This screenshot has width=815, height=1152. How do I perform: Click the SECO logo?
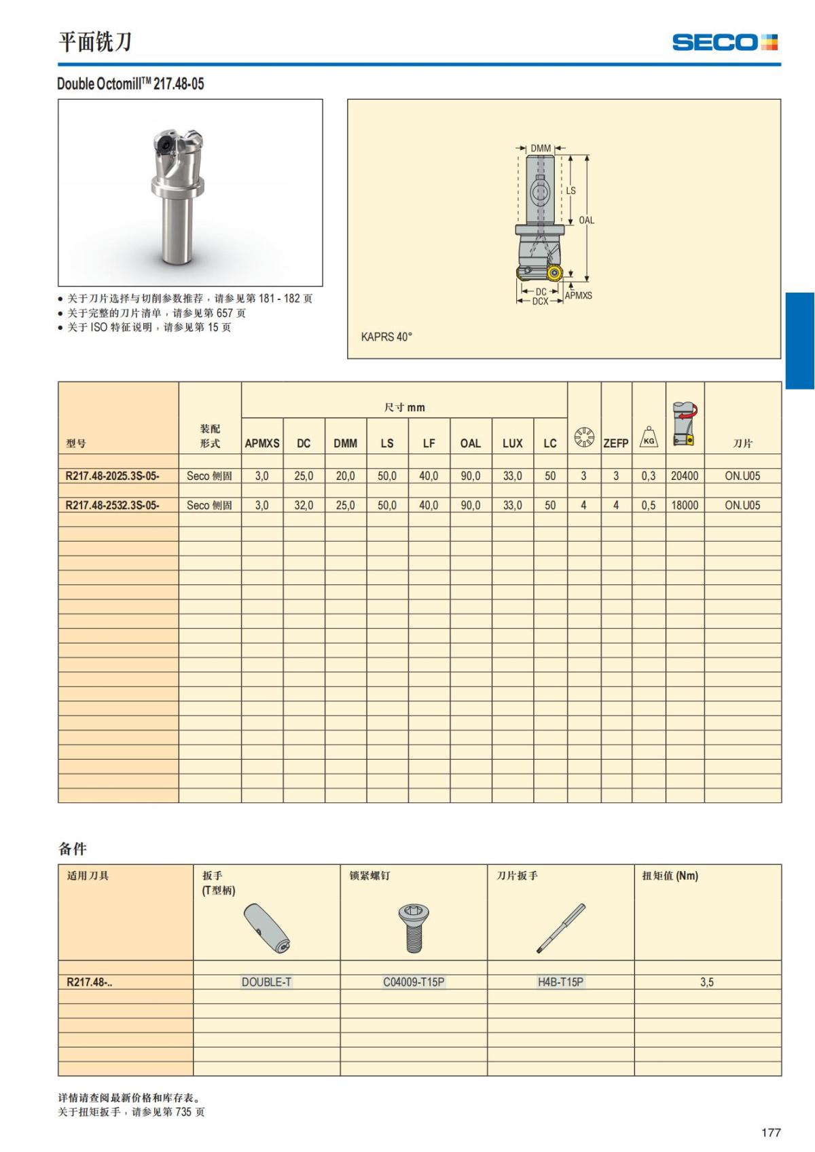(725, 43)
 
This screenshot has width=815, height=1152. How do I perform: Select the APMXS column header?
(262, 443)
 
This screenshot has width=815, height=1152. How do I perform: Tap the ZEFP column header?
(616, 443)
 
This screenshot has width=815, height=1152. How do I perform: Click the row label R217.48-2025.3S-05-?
(113, 476)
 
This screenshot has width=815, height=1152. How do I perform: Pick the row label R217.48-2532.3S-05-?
(113, 505)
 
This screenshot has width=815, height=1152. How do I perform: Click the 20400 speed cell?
(685, 476)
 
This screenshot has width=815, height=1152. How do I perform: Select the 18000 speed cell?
(685, 505)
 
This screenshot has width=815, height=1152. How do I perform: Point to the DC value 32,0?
(304, 505)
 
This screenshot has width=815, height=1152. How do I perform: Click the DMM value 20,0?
(345, 476)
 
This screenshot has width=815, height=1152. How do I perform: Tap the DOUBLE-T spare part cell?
(266, 982)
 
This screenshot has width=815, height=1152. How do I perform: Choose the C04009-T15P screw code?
(414, 982)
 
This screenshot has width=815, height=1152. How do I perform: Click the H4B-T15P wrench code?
(560, 982)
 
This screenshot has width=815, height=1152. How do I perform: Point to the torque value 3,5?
(707, 982)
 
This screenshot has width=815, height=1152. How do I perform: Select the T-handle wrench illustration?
(268, 929)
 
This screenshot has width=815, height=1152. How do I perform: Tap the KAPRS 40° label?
(386, 337)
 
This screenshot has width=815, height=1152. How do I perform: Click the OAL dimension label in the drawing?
(586, 220)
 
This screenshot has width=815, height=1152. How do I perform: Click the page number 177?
(771, 1132)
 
